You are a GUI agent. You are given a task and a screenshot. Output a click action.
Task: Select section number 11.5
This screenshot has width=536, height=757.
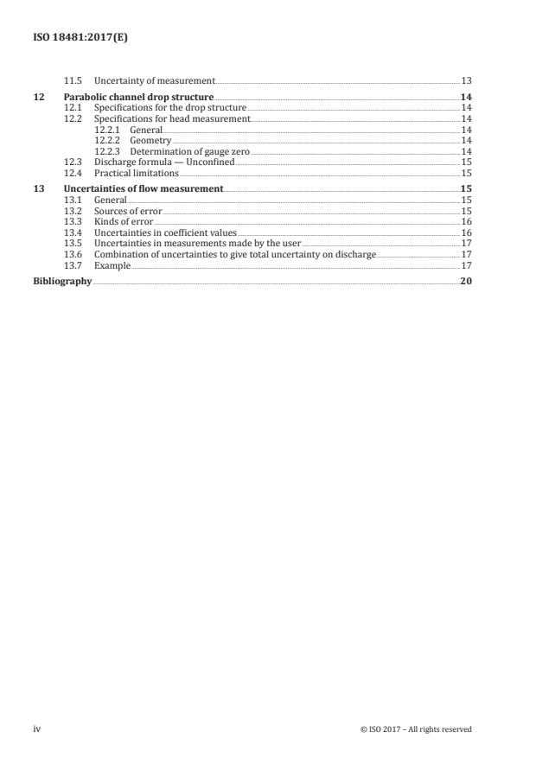pyautogui.click(x=73, y=80)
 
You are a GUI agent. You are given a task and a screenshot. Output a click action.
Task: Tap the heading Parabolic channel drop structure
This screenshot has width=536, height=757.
pyautogui.click(x=139, y=97)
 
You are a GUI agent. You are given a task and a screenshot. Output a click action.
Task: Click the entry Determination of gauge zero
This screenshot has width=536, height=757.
pyautogui.click(x=189, y=150)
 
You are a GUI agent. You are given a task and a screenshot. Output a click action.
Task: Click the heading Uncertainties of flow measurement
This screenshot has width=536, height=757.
pyautogui.click(x=144, y=188)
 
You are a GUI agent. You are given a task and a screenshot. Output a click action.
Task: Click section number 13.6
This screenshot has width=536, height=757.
pyautogui.click(x=73, y=254)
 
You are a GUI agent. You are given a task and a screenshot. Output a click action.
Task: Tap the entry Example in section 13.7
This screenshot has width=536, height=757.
pyautogui.click(x=112, y=265)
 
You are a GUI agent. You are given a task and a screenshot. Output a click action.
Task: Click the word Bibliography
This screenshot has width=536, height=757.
pyautogui.click(x=61, y=281)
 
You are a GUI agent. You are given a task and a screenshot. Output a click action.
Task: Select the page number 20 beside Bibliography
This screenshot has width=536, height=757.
pyautogui.click(x=466, y=281)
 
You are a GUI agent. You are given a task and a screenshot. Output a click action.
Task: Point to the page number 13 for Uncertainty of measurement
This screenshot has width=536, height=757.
pyautogui.click(x=466, y=80)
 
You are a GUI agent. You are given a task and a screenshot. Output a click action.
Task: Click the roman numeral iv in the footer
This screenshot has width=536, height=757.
pyautogui.click(x=37, y=728)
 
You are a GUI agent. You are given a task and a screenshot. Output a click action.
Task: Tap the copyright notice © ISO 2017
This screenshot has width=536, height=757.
pyautogui.click(x=416, y=729)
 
